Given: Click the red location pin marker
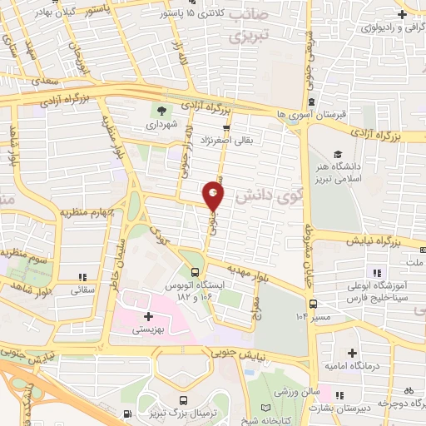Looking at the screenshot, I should [214, 196].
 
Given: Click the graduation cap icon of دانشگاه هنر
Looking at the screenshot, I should [338, 156].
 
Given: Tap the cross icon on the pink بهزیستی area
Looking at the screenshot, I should [147, 316].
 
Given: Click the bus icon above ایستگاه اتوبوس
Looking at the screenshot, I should [195, 272].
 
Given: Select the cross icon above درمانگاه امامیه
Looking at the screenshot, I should [353, 354].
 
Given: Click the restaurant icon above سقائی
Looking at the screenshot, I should [82, 277].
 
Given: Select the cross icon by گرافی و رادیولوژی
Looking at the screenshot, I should [401, 14].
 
